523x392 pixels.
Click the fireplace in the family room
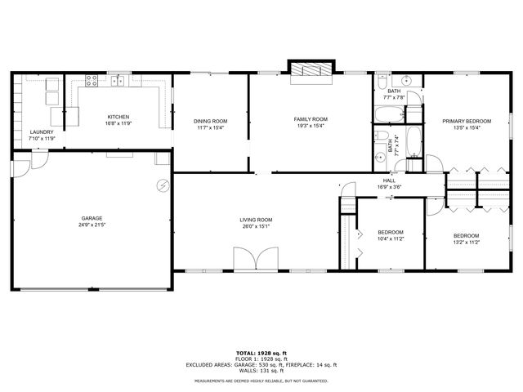click(312, 71)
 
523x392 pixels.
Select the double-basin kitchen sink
click(119, 80)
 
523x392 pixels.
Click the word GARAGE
click(91, 218)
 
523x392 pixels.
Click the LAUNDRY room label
click(41, 132)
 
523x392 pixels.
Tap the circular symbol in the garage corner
click(163, 185)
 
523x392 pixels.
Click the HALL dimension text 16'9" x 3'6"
click(389, 187)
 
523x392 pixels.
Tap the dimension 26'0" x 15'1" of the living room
click(255, 226)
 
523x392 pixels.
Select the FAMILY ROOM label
click(311, 119)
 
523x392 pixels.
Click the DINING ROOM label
click(210, 121)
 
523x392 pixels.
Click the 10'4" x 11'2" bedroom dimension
click(389, 239)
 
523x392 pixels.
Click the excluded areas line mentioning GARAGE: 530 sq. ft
click(261, 364)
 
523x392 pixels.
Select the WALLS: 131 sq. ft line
click(261, 371)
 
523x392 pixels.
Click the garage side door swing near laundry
click(20, 167)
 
